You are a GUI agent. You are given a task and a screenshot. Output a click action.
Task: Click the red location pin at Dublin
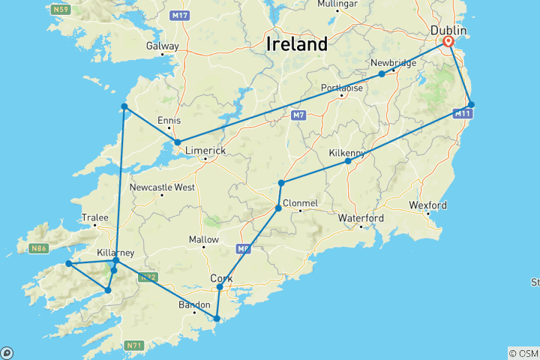click(448, 42)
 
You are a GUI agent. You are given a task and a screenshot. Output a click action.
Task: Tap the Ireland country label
click(297, 43)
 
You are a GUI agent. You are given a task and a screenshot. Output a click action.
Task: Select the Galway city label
click(163, 46)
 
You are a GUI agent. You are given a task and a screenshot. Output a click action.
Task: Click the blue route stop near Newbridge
click(382, 73)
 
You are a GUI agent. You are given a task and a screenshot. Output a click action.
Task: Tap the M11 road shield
click(463, 114)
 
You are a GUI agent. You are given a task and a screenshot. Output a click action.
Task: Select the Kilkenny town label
click(347, 153)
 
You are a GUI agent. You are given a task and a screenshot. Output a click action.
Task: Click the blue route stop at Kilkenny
click(348, 161)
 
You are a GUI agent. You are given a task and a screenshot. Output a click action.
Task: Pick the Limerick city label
click(205, 151)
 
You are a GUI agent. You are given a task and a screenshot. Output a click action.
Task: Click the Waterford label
click(361, 218)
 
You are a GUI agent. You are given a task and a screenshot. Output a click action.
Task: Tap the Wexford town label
click(427, 205)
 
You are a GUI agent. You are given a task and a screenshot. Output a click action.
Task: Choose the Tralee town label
click(95, 217)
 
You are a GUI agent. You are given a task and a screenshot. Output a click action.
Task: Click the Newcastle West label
click(162, 187)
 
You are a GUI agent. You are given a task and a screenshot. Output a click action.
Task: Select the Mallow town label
click(203, 240)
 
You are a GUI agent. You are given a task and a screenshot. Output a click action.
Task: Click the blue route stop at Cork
click(220, 287)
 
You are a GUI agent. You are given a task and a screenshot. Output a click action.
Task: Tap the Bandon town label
click(193, 304)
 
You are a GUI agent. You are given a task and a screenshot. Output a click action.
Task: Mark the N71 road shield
click(133, 345)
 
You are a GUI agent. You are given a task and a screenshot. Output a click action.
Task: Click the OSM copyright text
click(523, 353)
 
